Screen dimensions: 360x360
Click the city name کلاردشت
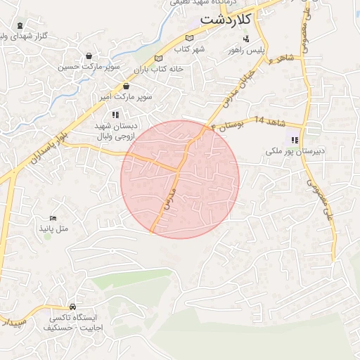(225, 20)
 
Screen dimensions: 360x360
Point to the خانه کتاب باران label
(162, 69)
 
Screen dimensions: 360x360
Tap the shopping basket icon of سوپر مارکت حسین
(89, 56)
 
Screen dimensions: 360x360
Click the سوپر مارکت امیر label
(126, 96)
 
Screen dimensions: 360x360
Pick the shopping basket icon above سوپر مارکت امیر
(126, 86)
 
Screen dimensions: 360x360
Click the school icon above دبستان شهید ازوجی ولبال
(115, 114)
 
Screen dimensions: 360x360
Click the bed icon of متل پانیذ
(53, 219)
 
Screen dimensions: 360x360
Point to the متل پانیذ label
(53, 230)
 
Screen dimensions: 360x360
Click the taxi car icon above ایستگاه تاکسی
(73, 307)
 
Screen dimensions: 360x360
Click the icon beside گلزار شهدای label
(19, 34)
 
